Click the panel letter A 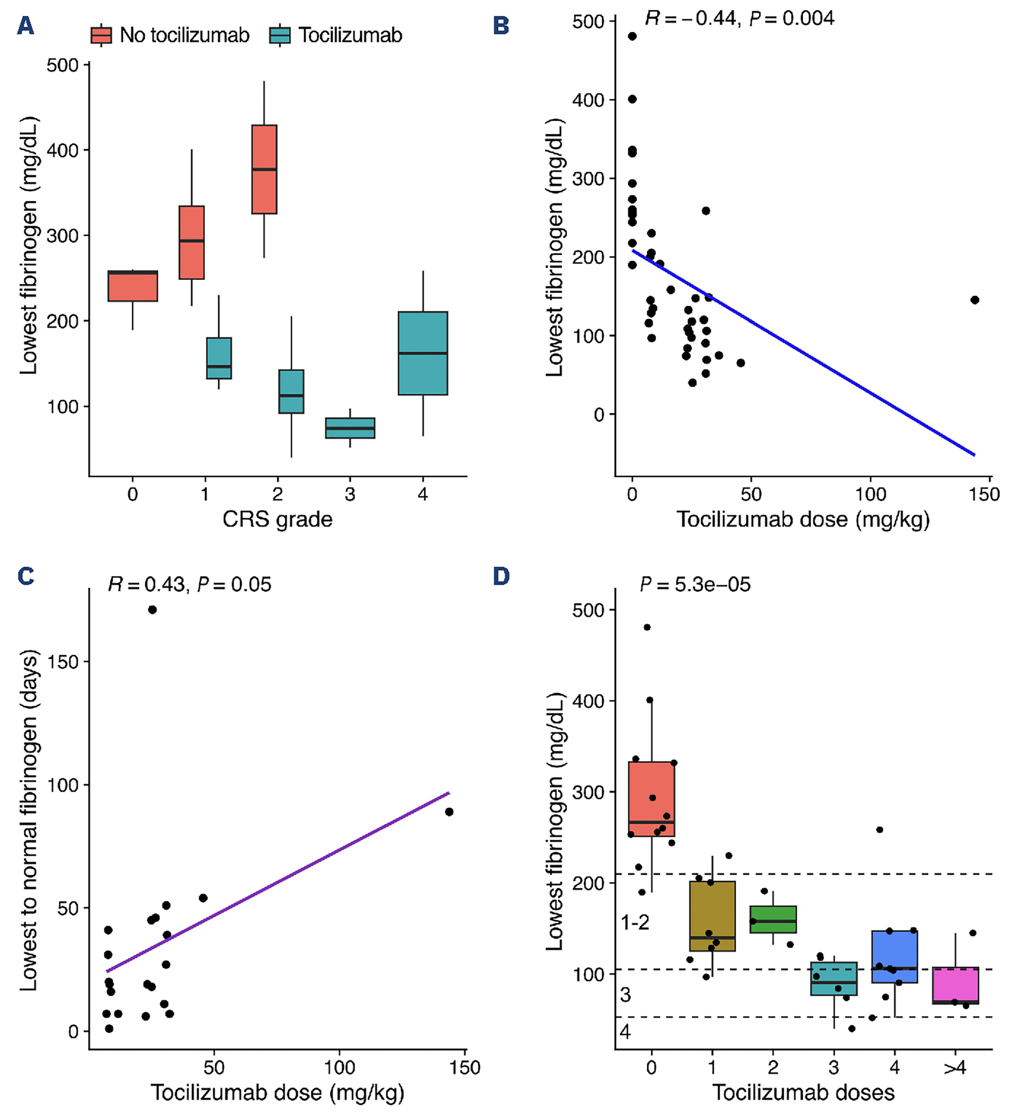tap(26, 25)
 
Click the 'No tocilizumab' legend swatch tap(101, 35)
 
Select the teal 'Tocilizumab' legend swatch tap(279, 35)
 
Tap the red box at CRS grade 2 tap(264, 169)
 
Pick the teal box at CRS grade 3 tap(350, 428)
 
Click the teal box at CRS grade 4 tap(423, 353)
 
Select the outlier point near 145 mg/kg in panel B tap(975, 300)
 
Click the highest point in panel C tap(152, 610)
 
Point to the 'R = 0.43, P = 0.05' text tap(189, 584)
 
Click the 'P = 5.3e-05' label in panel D tap(695, 584)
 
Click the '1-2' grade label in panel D tap(635, 923)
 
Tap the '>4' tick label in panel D tap(955, 1067)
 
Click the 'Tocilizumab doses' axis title tap(803, 1092)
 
